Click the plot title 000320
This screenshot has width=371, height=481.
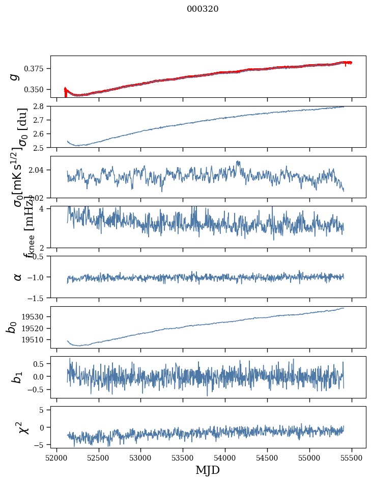pos(203,9)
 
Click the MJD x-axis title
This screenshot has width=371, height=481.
pos(208,470)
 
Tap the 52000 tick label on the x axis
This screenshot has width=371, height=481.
pos(56,458)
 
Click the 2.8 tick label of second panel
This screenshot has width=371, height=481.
pos(41,106)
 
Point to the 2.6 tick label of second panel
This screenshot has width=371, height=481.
pos(41,134)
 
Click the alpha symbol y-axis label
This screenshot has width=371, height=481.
pos(18,277)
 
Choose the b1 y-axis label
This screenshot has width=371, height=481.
pos(18,377)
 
